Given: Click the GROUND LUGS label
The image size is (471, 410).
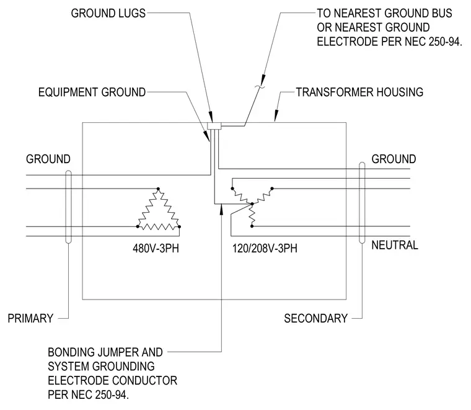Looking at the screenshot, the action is click(x=108, y=13).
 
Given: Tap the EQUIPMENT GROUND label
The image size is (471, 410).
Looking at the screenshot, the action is click(x=92, y=92).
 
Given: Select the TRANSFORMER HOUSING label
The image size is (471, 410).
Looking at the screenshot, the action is click(x=359, y=92).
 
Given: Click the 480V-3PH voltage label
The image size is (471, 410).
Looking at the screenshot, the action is click(x=156, y=249).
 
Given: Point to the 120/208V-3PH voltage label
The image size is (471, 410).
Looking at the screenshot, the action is click(x=265, y=249).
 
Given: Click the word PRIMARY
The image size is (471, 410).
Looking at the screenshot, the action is click(x=30, y=318).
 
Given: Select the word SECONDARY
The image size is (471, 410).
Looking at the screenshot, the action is click(x=315, y=318).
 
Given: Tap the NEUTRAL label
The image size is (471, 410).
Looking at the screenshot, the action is click(x=395, y=245).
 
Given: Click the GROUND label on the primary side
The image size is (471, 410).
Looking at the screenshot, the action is click(x=48, y=159).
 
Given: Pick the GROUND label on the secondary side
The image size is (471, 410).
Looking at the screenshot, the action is click(x=394, y=159).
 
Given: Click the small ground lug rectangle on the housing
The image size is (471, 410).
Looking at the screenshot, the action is click(x=214, y=127).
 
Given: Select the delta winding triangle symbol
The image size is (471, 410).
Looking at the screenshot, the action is click(x=158, y=210).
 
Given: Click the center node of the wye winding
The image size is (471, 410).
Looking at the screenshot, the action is click(x=252, y=204).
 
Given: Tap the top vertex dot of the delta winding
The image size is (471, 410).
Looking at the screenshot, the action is click(x=158, y=189).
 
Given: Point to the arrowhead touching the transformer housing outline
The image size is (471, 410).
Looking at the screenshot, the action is click(x=276, y=117).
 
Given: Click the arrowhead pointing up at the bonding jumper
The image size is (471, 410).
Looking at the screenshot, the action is click(x=221, y=208).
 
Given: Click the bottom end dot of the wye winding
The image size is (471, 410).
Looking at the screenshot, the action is click(x=252, y=226).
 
